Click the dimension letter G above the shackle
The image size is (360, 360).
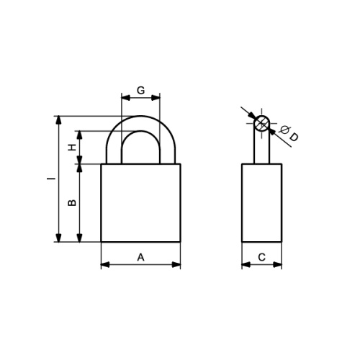(140, 90)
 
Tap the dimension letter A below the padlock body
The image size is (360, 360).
(140, 257)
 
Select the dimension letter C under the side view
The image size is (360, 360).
(262, 257)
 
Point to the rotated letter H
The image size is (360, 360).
(72, 147)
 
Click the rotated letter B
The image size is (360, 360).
(72, 202)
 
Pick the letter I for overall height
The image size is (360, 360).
(50, 179)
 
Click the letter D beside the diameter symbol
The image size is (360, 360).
(293, 137)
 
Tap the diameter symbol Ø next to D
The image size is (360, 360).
(284, 130)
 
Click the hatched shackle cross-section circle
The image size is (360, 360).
(261, 123)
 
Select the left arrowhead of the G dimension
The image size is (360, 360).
(126, 98)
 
